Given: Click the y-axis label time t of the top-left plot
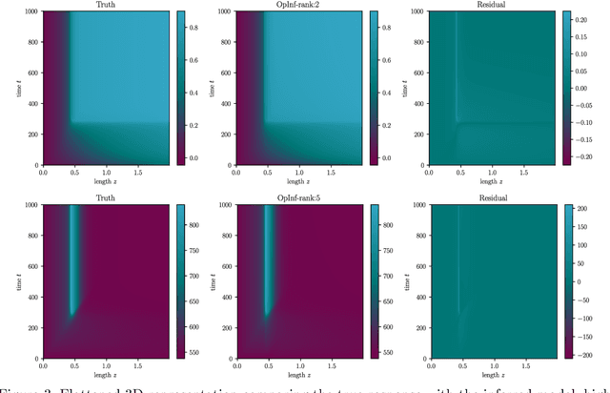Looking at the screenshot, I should coord(9,87).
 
